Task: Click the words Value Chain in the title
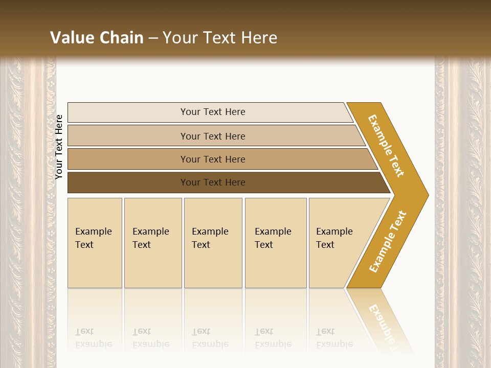point(97,38)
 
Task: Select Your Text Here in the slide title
point(220,38)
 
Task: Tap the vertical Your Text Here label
point(59,147)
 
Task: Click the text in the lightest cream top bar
point(213,112)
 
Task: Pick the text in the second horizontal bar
point(213,136)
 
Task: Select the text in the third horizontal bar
point(213,159)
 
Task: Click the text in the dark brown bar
point(213,182)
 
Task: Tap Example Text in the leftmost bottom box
point(93,238)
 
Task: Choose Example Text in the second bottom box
point(150,238)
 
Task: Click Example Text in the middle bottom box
point(210,238)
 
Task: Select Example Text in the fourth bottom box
point(273,238)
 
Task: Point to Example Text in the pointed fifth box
point(334,238)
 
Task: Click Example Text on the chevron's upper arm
point(386,146)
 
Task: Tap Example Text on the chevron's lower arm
point(388,242)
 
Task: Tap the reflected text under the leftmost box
point(93,338)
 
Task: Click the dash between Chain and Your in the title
point(153,38)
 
